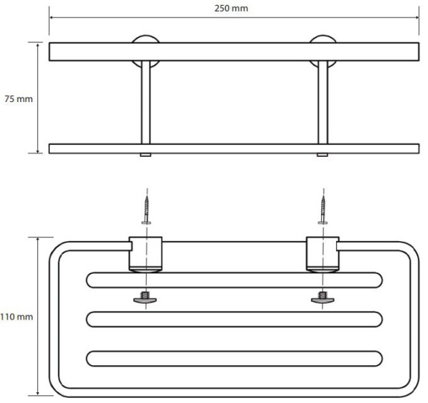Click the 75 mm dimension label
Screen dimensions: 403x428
click(x=18, y=99)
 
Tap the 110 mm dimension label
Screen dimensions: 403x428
click(x=16, y=315)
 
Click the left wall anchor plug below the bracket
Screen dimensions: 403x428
click(x=146, y=297)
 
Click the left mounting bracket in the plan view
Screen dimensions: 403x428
click(x=146, y=252)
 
